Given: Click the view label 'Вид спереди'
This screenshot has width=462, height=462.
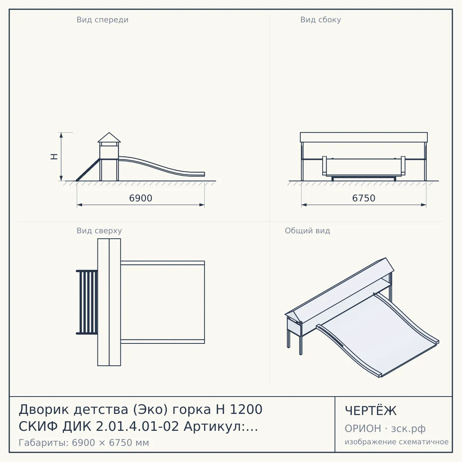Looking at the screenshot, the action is click(x=102, y=20).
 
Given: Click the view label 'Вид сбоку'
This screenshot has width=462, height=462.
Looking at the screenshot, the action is click(x=321, y=20).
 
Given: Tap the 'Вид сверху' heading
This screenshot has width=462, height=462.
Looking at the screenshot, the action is click(x=99, y=231).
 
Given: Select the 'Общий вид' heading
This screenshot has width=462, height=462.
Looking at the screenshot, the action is click(x=307, y=231).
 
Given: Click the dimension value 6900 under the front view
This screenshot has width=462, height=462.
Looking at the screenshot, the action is click(x=141, y=198).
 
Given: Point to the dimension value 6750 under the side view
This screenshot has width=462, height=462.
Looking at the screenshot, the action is click(x=363, y=198).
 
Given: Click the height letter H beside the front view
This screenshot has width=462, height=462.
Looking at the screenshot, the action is click(x=54, y=157).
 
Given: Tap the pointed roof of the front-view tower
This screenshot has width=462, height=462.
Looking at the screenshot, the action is click(x=109, y=137).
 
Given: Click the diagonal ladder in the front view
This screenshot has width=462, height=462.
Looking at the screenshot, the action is click(x=88, y=170).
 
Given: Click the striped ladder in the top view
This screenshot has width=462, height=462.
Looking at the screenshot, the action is click(x=87, y=302).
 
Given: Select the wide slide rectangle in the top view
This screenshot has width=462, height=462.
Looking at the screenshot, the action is click(x=162, y=302).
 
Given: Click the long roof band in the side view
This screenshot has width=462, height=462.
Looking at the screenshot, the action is click(x=364, y=137).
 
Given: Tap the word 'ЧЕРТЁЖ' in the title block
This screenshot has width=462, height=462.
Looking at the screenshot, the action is click(x=371, y=411).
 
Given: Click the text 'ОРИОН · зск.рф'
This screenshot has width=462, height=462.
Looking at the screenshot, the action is click(x=385, y=429).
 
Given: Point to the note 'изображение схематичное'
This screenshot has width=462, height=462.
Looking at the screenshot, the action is click(x=397, y=442).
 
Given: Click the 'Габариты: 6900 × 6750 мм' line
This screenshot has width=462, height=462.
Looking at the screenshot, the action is click(x=84, y=443).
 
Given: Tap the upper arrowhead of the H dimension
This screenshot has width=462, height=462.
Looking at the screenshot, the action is click(x=61, y=135).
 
